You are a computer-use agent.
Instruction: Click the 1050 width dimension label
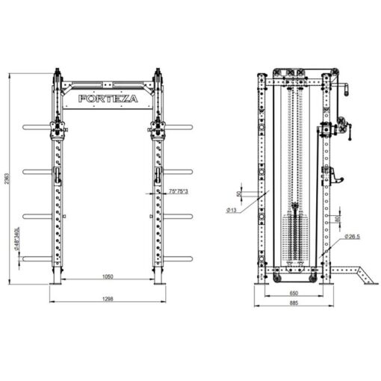pyautogui.click(x=108, y=277)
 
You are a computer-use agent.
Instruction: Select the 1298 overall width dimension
pyautogui.click(x=108, y=299)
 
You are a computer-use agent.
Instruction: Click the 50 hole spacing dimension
pyautogui.click(x=239, y=193)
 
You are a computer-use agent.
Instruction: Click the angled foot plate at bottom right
pyautogui.click(x=356, y=273)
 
